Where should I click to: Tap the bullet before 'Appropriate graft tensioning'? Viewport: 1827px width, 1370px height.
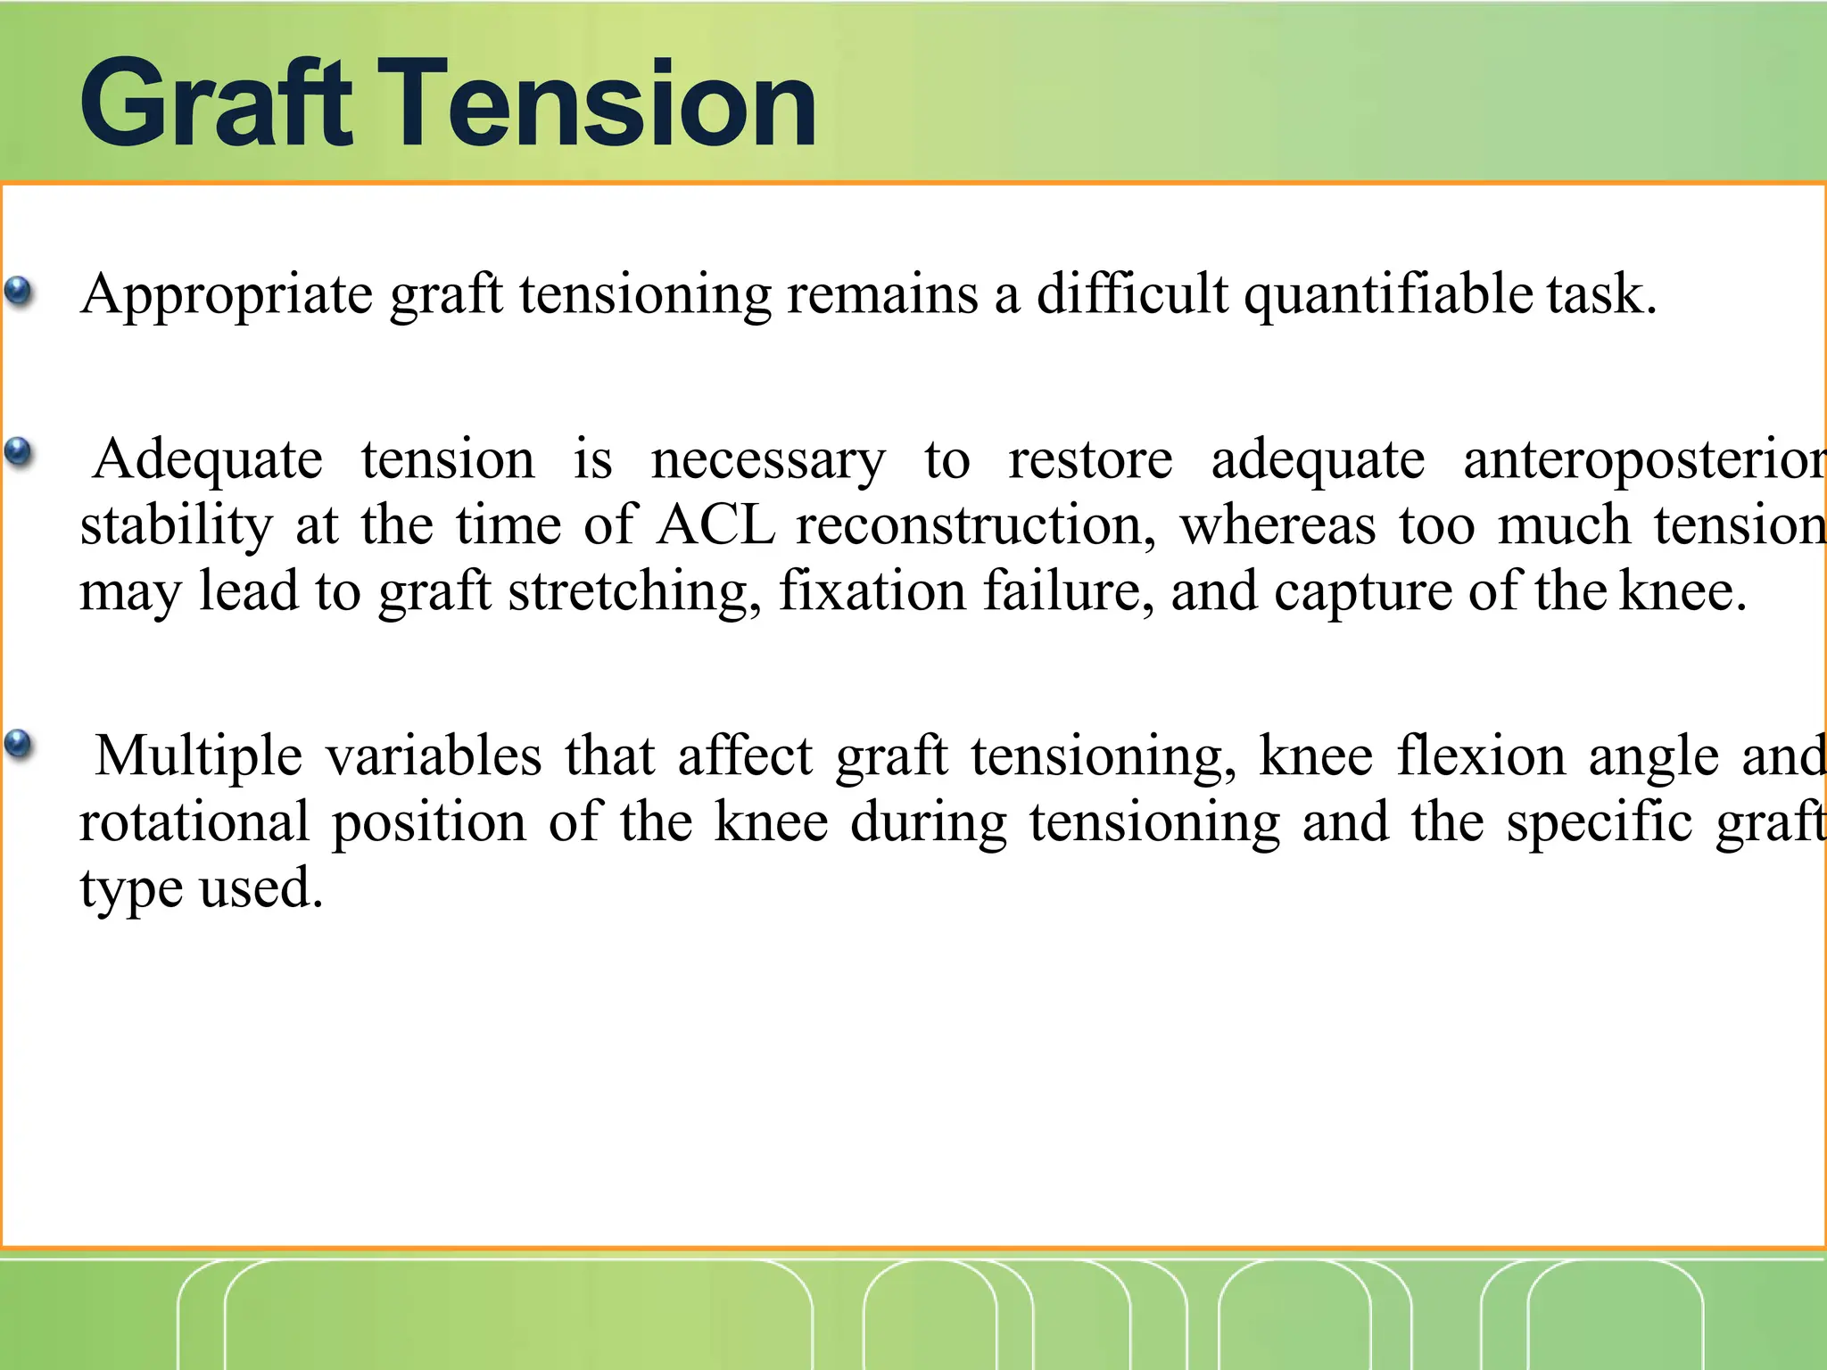click(19, 292)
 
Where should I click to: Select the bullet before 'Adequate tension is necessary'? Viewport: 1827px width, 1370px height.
click(19, 453)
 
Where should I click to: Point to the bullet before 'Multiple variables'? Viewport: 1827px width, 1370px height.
click(19, 744)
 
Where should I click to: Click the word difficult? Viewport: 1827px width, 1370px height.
click(1132, 294)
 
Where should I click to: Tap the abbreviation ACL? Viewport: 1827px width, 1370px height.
click(715, 526)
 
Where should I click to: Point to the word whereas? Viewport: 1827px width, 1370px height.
click(1277, 526)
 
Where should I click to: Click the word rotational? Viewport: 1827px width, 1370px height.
click(194, 822)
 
